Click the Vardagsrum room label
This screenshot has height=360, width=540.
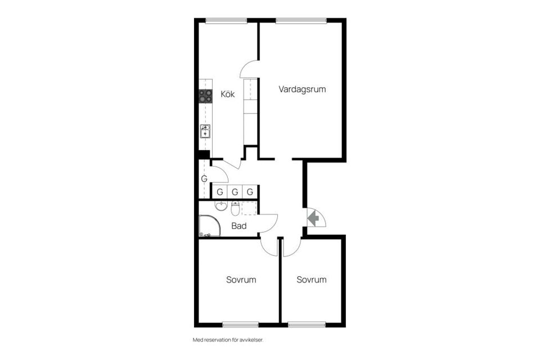[x=302, y=89]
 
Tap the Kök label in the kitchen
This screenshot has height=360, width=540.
[x=227, y=94]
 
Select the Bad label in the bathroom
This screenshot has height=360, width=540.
[x=239, y=226]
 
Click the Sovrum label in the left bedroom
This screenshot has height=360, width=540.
[x=241, y=280]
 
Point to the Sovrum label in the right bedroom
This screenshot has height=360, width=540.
[x=312, y=280]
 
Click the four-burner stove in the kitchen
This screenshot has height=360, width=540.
[x=206, y=96]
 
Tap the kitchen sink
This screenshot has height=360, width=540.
[x=205, y=132]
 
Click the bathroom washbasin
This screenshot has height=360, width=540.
[x=220, y=205]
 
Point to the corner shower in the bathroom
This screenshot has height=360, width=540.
[x=208, y=226]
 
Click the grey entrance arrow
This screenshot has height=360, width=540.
[x=313, y=218]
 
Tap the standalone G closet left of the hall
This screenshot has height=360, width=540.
[x=204, y=179]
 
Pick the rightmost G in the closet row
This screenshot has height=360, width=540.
[x=250, y=192]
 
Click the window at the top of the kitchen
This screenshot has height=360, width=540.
[x=226, y=21]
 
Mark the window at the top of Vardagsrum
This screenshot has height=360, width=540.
[x=300, y=21]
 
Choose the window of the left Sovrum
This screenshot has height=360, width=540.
[x=240, y=325]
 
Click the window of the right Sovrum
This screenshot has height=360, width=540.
[x=307, y=325]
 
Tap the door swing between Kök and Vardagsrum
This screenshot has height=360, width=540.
[x=250, y=69]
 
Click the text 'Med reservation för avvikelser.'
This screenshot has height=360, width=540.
[x=228, y=340]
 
